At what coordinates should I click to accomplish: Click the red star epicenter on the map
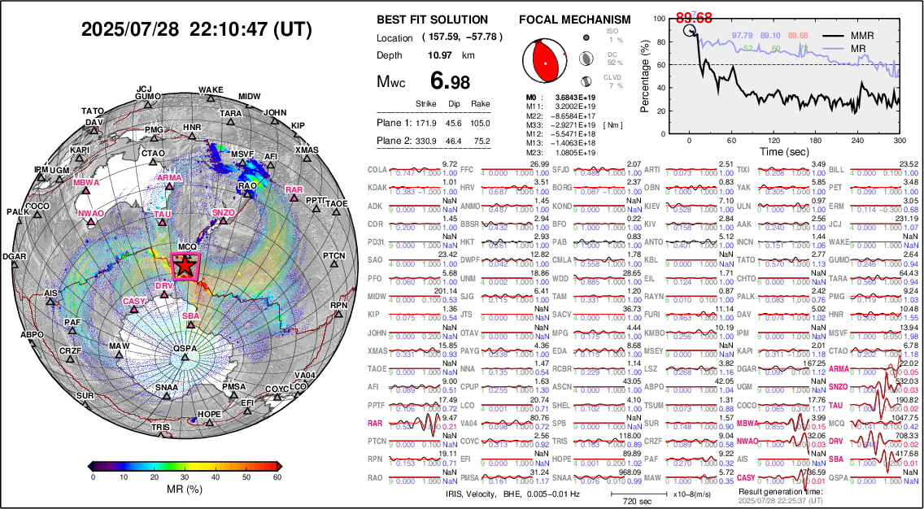tap(185, 265)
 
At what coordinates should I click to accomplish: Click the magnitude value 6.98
tap(449, 82)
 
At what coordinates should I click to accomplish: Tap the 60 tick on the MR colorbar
tap(277, 477)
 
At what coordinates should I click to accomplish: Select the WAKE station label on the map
tap(211, 90)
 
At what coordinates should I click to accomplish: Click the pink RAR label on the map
tap(294, 190)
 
